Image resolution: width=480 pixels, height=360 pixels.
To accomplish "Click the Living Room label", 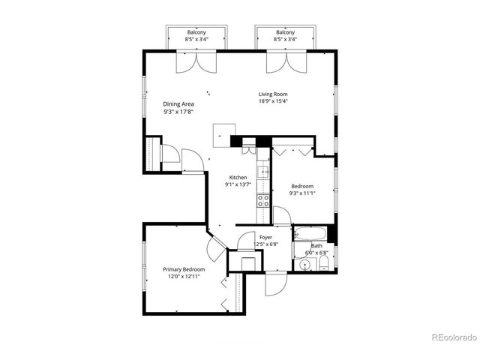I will tap(274, 94).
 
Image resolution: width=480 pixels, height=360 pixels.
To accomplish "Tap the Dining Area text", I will tap(178, 104).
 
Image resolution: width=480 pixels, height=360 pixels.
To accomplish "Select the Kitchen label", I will tap(238, 177).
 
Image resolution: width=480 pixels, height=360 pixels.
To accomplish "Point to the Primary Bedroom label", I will tap(184, 268).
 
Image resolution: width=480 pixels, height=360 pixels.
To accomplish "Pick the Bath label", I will tap(317, 245).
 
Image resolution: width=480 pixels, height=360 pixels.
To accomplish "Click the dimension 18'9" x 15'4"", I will tap(274, 101).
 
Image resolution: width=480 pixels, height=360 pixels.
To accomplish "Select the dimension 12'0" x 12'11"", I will tap(184, 276).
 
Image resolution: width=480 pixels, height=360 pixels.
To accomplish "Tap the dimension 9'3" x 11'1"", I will tap(301, 193).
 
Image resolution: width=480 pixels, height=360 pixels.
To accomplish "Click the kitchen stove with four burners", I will tap(263, 199).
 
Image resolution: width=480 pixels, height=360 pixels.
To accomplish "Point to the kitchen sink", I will tap(264, 172).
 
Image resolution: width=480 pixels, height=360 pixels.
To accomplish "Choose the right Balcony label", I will tap(285, 32).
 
